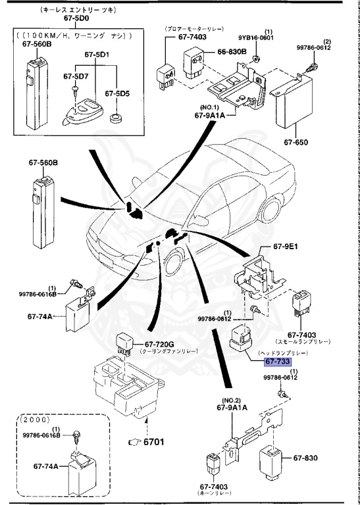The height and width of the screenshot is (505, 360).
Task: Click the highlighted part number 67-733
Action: (277, 362)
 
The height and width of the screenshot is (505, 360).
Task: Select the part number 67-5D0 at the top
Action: (76, 18)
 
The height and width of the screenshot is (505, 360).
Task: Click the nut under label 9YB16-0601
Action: (256, 59)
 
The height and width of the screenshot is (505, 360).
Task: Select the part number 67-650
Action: (296, 142)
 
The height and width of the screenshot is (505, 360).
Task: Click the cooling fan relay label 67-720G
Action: (155, 345)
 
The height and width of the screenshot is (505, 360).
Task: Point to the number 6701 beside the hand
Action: (153, 442)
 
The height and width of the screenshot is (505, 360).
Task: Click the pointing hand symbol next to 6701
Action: (134, 442)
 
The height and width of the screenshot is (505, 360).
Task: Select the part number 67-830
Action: (305, 458)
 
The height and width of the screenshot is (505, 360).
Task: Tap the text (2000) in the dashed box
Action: (34, 420)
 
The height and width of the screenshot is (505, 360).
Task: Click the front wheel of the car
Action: (175, 262)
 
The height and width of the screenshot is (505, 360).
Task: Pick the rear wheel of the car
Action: (269, 208)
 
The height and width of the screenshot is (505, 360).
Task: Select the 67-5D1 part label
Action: (97, 55)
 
